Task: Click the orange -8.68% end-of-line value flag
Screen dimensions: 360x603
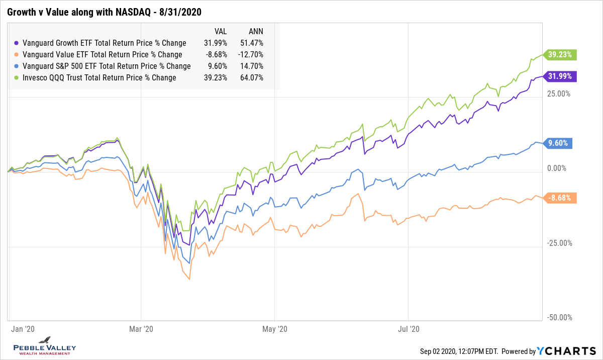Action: tap(559, 198)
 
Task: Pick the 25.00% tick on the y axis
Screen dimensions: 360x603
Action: tap(558, 94)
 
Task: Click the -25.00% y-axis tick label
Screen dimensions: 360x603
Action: tap(558, 243)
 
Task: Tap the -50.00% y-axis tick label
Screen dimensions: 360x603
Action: tap(558, 318)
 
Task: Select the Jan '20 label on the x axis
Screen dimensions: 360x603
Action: tap(23, 329)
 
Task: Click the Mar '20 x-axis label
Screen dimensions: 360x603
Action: tap(141, 329)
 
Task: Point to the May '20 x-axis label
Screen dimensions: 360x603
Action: tap(275, 329)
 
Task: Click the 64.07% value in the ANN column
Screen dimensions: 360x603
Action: tap(252, 77)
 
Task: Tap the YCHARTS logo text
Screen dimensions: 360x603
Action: tap(568, 351)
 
